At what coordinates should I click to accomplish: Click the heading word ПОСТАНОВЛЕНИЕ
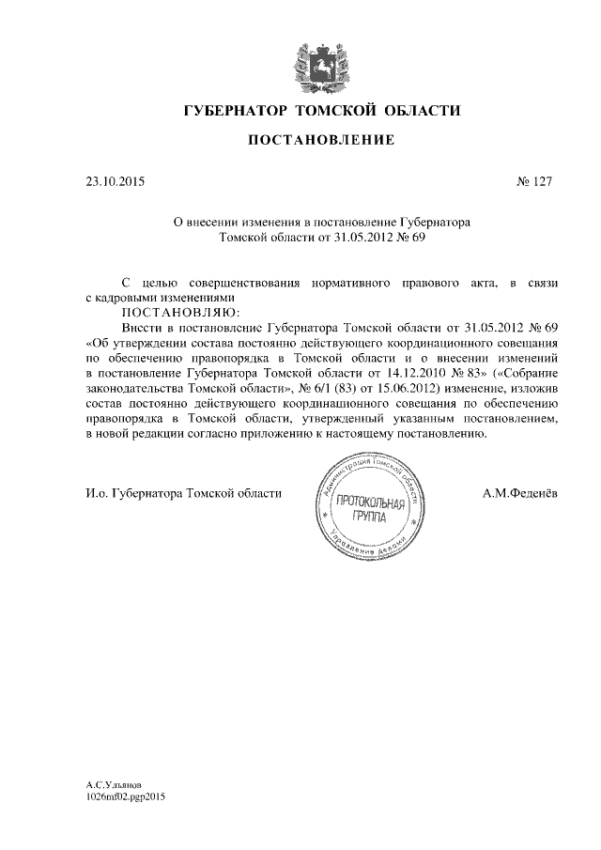[319, 141]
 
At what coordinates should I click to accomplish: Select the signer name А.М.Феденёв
[518, 493]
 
